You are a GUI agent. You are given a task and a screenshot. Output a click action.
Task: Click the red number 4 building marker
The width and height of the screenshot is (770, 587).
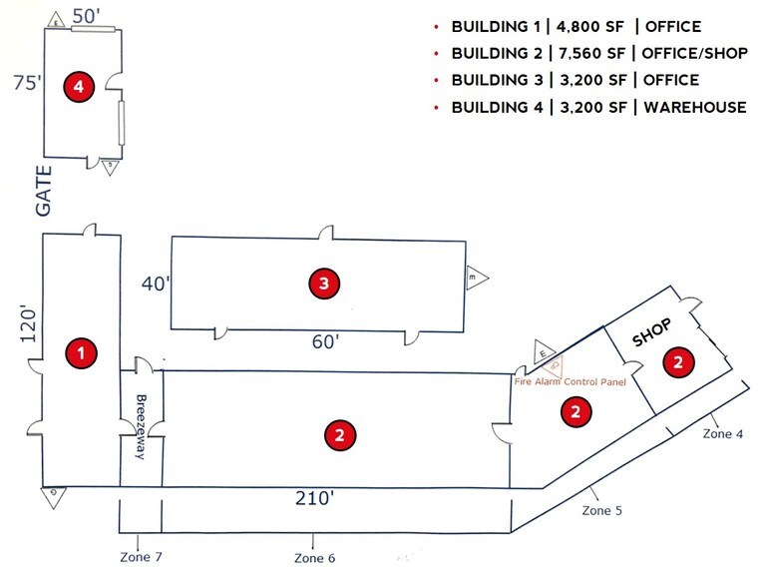click(x=79, y=87)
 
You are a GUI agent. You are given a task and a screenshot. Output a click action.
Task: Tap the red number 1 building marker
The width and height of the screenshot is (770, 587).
click(x=81, y=352)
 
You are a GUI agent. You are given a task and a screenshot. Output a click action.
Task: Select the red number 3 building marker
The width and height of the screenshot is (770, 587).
click(x=324, y=283)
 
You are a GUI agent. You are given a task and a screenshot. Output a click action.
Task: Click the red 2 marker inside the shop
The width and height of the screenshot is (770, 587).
click(x=678, y=361)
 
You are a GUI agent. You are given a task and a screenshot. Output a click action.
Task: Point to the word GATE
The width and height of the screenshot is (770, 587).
click(x=44, y=191)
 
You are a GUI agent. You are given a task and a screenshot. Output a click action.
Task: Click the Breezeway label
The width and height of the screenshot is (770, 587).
click(x=141, y=426)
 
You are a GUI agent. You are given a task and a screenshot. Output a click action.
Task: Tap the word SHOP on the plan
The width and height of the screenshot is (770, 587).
click(x=651, y=332)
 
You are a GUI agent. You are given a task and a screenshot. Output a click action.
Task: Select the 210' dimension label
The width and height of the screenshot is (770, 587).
click(x=315, y=498)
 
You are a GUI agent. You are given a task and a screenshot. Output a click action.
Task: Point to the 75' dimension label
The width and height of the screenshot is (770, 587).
click(x=27, y=83)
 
